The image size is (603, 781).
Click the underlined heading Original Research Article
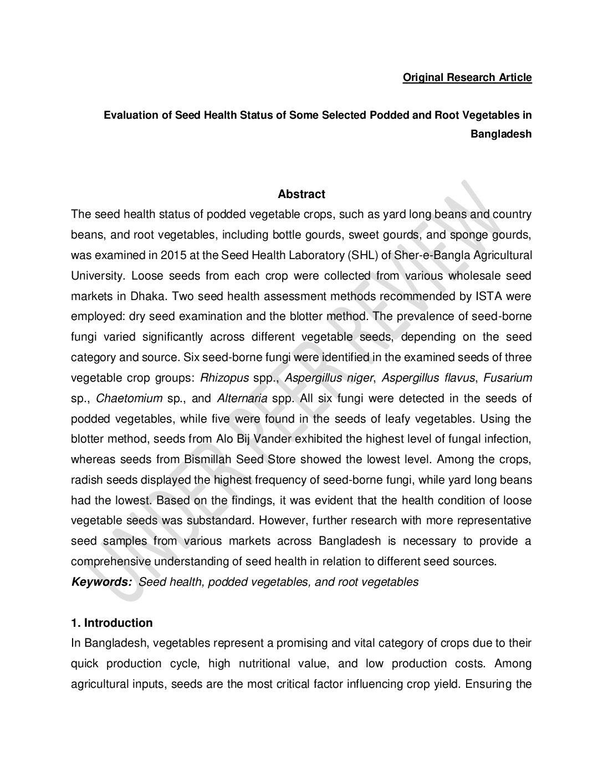pyautogui.click(x=467, y=78)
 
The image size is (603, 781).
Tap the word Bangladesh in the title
pyautogui.click(x=501, y=134)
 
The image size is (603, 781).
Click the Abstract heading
pyautogui.click(x=301, y=194)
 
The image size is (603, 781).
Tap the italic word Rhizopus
pyautogui.click(x=224, y=378)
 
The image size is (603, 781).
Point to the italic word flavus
pyautogui.click(x=459, y=378)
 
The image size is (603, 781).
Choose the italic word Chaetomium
pyautogui.click(x=129, y=398)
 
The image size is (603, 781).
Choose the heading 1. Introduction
pyautogui.click(x=112, y=623)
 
